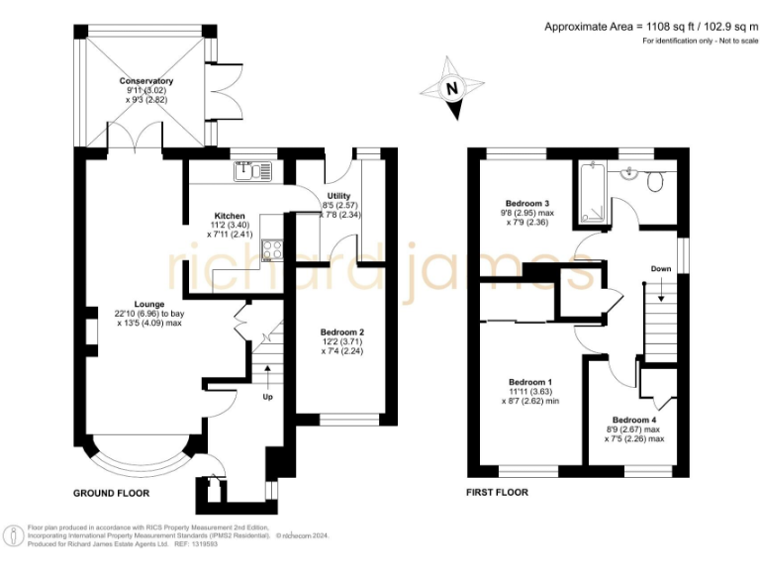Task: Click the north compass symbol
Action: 451,89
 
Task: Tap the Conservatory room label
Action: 146,81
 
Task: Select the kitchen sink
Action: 254,171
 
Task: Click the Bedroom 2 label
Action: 342,332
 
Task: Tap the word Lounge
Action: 150,303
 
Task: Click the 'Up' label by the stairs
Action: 267,397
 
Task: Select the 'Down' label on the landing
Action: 661,269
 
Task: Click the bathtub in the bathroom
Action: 592,191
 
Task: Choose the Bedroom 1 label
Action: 529,382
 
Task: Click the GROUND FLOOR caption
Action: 112,492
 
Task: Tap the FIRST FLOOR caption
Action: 497,492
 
